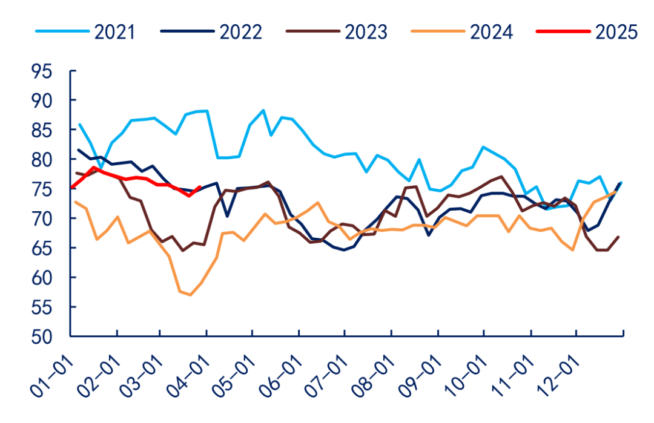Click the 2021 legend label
tap(114, 31)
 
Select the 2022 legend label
tap(240, 31)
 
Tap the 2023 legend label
tap(366, 31)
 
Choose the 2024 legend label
tap(491, 31)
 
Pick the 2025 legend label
tap(616, 31)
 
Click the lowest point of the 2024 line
tap(191, 295)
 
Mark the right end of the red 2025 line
tap(200, 187)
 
